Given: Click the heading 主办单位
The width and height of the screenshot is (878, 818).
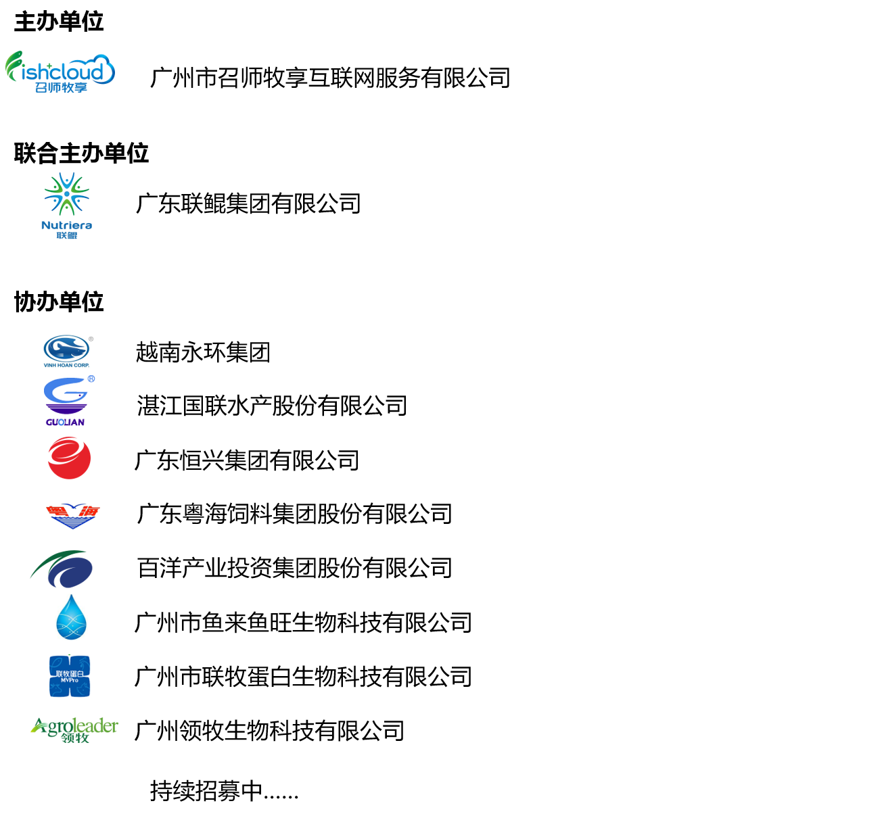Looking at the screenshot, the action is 59,22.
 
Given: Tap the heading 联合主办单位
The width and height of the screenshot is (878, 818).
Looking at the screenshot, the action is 81,153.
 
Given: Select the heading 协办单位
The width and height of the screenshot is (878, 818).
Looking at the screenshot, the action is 59,302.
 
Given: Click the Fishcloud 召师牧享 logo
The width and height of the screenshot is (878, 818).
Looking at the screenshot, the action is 60,72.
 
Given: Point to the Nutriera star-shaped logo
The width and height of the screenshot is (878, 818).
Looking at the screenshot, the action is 67,206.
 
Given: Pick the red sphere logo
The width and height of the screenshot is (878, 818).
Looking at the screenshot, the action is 70,458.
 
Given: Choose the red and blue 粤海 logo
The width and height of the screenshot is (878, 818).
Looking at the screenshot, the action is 73,516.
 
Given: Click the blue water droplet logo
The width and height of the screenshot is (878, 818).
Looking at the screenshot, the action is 71,617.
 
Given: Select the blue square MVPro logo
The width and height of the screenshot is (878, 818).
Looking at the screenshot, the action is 70,676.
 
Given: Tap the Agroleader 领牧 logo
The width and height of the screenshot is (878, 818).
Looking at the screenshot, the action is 74,730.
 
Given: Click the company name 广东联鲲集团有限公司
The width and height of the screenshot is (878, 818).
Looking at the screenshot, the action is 248,203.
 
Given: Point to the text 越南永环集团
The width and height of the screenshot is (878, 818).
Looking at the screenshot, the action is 203,352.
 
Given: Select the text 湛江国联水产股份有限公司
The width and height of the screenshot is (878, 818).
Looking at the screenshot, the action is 272,406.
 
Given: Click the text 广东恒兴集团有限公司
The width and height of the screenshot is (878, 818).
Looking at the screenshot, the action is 247,460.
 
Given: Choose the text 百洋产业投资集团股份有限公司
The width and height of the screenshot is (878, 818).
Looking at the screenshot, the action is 294,568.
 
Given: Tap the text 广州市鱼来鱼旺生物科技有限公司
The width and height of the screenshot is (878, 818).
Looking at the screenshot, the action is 303,623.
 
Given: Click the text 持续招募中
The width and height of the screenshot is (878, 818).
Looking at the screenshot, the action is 207,791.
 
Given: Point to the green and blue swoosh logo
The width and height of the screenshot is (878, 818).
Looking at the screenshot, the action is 62,569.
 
